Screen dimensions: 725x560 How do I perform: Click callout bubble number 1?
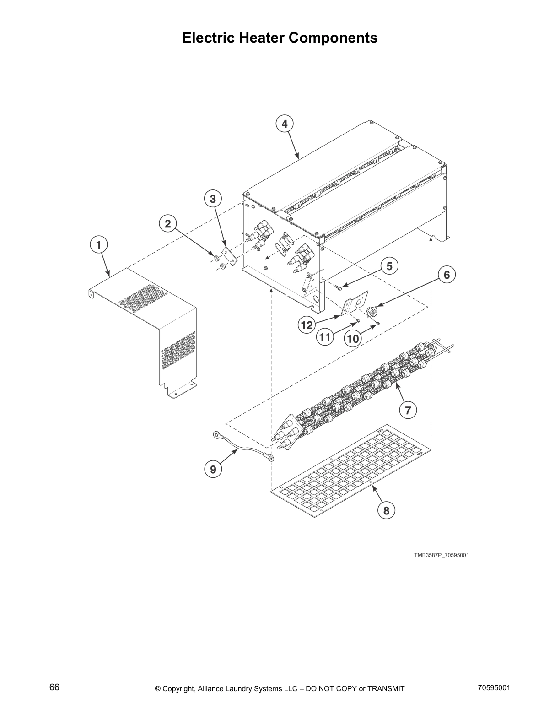point(98,245)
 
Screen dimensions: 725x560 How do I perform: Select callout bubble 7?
point(408,410)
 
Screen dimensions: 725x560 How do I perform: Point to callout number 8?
point(386,510)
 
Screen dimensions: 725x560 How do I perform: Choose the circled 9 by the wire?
point(213,469)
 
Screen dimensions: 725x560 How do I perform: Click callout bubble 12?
point(307,325)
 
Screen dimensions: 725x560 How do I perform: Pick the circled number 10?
point(353,339)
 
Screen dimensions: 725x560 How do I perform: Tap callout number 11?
point(325,337)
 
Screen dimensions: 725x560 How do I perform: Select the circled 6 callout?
point(447,275)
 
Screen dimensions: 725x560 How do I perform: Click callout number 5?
point(389,266)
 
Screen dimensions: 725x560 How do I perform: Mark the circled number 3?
point(213,199)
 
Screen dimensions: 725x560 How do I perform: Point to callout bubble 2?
point(168,224)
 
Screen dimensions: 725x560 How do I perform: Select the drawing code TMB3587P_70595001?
point(441,555)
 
